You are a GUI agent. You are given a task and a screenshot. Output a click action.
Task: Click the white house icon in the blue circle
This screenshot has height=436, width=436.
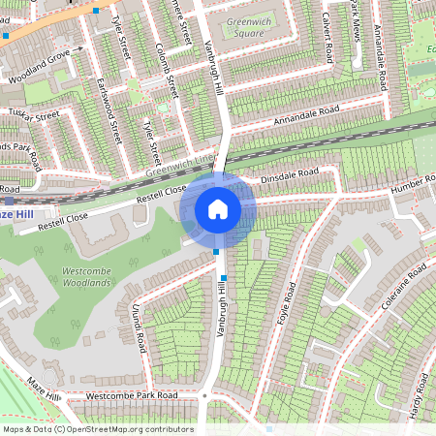pyautogui.click(x=218, y=208)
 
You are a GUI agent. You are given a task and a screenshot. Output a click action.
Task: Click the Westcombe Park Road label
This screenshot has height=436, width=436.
pyautogui.click(x=132, y=396)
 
